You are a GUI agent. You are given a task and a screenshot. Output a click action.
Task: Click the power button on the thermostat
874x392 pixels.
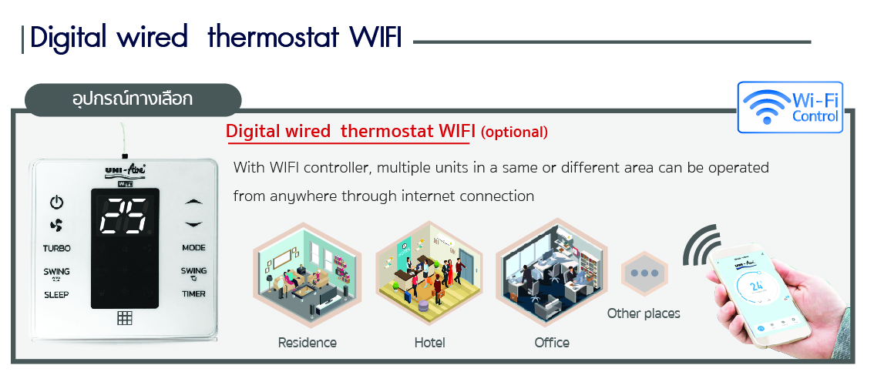(x=56, y=202)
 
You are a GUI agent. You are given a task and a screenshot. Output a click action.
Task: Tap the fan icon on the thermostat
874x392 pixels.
(x=56, y=226)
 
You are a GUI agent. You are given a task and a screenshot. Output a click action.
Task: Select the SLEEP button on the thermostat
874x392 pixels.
(x=56, y=294)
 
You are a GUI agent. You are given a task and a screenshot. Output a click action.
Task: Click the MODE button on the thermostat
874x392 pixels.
(x=193, y=248)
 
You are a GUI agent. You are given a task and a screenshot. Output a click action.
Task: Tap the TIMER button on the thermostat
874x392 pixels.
(x=193, y=293)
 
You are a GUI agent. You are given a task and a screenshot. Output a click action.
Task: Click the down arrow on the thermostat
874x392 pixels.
(x=193, y=224)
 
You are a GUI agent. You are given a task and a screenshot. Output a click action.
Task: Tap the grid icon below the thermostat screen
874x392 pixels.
(x=125, y=318)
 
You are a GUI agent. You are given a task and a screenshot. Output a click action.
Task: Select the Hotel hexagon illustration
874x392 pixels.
(x=429, y=274)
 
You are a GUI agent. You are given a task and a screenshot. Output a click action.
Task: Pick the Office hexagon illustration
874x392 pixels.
(x=552, y=274)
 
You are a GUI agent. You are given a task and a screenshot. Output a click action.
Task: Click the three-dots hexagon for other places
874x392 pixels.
(x=644, y=273)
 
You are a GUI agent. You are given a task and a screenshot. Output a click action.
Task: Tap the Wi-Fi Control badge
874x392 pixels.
(x=790, y=108)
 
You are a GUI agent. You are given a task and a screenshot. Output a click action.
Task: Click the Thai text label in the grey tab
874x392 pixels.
(x=133, y=99)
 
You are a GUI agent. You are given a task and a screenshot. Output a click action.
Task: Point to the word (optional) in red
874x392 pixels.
(x=514, y=132)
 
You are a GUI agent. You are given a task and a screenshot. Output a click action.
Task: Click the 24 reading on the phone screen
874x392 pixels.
(x=756, y=286)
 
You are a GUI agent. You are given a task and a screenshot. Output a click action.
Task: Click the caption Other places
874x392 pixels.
(x=644, y=313)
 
